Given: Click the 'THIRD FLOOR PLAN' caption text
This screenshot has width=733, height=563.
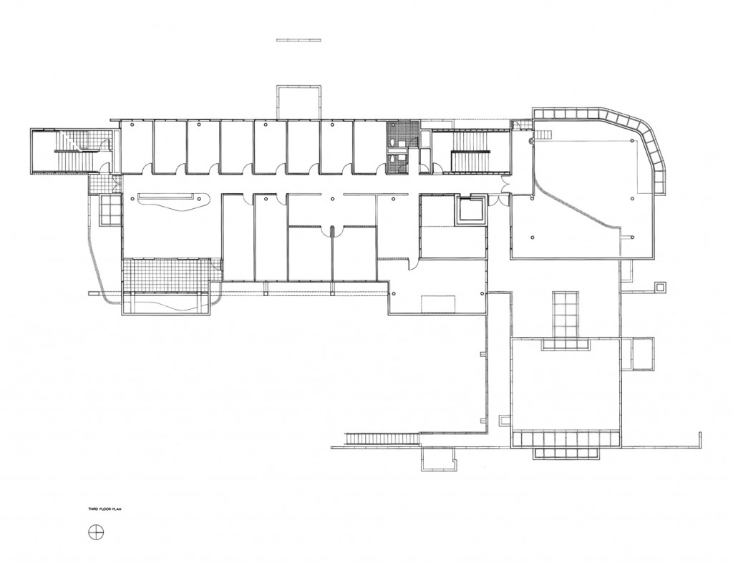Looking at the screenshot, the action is pyautogui.click(x=105, y=509).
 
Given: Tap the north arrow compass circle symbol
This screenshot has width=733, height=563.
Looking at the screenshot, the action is pyautogui.click(x=96, y=532).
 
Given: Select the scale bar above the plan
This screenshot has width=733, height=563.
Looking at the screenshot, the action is pyautogui.click(x=298, y=40).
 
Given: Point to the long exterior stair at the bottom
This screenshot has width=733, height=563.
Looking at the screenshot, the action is pyautogui.click(x=382, y=439).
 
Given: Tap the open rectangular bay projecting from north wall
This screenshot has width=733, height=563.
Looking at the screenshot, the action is pyautogui.click(x=298, y=102).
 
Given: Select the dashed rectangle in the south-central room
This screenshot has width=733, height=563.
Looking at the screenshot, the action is pyautogui.click(x=438, y=304).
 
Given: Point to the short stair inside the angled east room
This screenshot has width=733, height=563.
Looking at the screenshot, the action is pyautogui.click(x=545, y=135).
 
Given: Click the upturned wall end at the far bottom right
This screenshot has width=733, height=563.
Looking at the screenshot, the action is pyautogui.click(x=700, y=439).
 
